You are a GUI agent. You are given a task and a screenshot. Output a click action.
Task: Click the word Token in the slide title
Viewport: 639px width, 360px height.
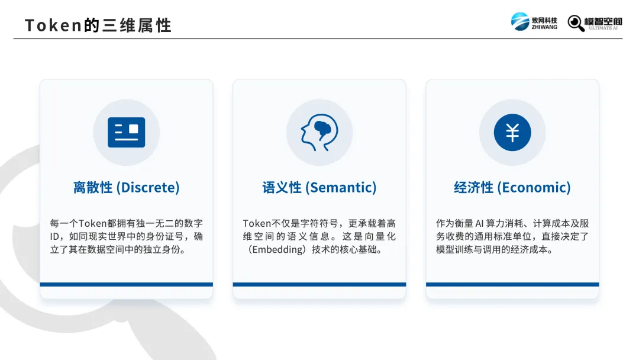[53, 25]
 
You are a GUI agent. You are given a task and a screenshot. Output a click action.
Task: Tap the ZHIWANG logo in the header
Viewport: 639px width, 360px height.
[534, 21]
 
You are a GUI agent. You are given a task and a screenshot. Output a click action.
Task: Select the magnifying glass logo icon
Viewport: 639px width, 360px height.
[576, 23]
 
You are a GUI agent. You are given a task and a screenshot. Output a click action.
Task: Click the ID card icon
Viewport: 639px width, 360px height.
[127, 132]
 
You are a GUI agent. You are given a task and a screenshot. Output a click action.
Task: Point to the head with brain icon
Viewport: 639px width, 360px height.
[319, 132]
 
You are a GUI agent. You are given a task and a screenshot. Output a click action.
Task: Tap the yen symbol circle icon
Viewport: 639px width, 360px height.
[512, 132]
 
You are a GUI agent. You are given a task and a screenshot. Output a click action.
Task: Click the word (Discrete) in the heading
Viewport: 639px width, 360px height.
[148, 188]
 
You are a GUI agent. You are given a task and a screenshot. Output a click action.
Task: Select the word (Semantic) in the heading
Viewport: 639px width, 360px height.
[341, 188]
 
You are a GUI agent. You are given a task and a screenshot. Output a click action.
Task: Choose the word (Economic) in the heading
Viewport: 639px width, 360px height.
[534, 188]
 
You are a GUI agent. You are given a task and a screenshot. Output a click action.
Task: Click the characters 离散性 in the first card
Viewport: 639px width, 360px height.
[93, 188]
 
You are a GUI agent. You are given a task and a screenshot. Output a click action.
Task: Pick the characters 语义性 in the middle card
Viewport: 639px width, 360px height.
[282, 188]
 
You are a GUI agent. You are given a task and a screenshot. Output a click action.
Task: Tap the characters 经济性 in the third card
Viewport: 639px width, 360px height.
[473, 188]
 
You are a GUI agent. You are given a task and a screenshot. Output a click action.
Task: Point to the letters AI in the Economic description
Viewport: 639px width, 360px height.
[479, 223]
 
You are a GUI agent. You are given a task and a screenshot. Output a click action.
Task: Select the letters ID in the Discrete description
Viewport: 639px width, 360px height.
[54, 236]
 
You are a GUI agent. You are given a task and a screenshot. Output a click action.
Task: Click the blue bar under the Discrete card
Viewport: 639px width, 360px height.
[127, 285]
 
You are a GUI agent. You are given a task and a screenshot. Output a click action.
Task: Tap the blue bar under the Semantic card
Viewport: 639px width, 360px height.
[319, 285]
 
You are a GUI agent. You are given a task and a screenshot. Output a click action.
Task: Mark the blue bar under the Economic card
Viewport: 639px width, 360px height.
[512, 285]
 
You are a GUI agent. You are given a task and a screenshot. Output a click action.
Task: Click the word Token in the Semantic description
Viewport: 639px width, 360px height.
[257, 223]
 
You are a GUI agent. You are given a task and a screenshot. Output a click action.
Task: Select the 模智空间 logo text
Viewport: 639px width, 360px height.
[603, 21]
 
